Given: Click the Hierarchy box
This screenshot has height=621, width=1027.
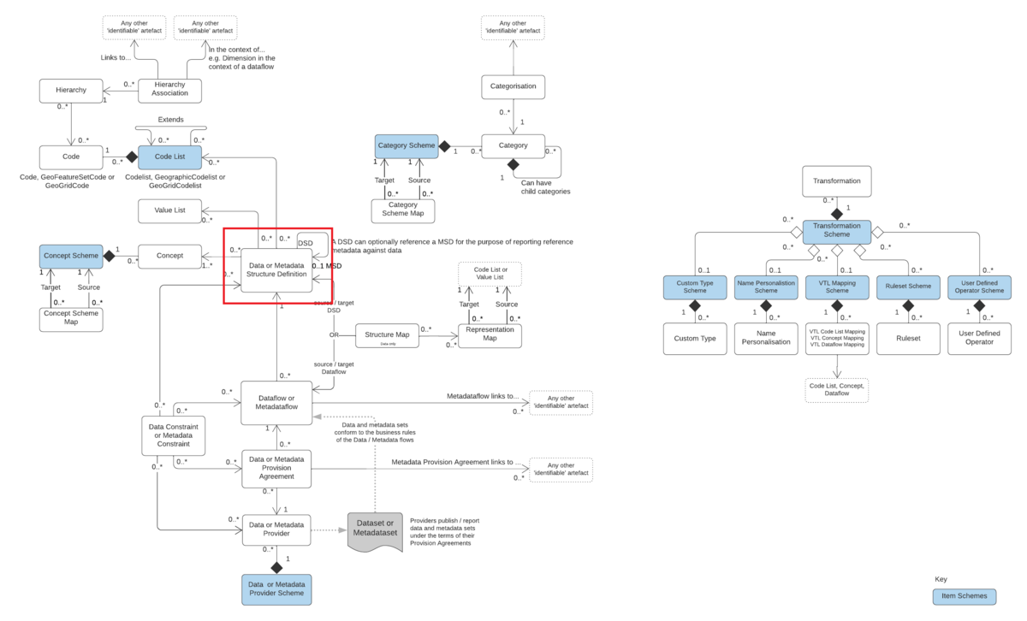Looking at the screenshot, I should (71, 90).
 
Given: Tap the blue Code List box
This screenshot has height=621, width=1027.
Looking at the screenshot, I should (169, 157).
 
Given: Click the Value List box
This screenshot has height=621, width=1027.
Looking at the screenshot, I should (169, 211).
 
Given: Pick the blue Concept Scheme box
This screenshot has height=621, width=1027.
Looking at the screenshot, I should (71, 256).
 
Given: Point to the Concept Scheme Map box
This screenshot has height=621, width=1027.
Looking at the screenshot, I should (71, 317).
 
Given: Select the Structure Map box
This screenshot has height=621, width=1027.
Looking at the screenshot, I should (387, 335).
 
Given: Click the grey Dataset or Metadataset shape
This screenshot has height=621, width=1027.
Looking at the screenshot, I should (375, 529).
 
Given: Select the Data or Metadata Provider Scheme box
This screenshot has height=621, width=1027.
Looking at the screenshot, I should (276, 589).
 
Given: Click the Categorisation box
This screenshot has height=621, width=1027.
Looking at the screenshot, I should (513, 86).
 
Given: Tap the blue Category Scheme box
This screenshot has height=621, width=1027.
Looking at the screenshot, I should (407, 146).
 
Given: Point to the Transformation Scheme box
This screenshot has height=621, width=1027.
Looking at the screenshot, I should (837, 229).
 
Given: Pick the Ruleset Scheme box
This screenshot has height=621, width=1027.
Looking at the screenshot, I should (908, 288).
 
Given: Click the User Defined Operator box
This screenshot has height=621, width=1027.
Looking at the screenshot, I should (979, 338).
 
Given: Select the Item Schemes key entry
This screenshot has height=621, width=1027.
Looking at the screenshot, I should (965, 596).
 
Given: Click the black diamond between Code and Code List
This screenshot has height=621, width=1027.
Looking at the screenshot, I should (132, 157).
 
